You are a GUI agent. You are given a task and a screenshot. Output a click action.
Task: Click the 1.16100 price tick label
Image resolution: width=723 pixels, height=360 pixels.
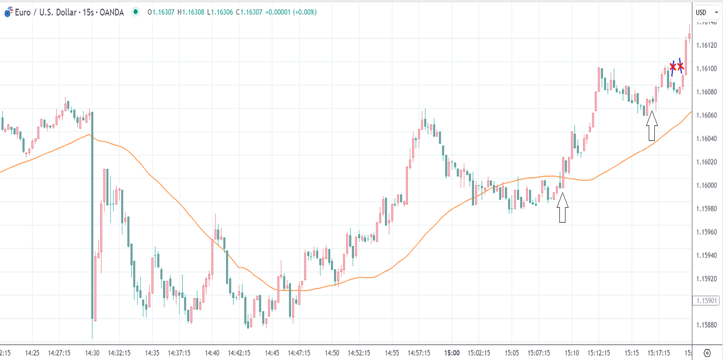(706, 69)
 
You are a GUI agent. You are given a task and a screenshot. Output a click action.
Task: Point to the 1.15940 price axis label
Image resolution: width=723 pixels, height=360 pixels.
(706, 256)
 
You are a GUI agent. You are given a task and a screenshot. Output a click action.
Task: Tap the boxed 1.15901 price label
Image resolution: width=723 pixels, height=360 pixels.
(706, 301)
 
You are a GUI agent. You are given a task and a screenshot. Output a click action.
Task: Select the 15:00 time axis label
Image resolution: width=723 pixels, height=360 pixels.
(452, 353)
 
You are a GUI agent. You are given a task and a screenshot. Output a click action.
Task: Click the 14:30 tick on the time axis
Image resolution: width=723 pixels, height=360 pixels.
(92, 353)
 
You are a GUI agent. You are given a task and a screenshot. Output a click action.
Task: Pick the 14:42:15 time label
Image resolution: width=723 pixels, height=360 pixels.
(239, 353)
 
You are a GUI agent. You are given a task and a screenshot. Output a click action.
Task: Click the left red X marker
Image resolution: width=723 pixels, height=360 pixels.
(673, 67)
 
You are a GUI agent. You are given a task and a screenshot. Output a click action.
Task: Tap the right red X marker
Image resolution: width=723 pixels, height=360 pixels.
(681, 66)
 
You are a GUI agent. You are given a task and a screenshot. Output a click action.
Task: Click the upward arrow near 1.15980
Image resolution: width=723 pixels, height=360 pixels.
(562, 208)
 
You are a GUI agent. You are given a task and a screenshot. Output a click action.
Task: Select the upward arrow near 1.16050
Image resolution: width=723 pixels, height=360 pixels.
(652, 126)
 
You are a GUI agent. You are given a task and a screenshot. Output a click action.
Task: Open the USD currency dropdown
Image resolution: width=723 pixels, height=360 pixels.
(707, 13)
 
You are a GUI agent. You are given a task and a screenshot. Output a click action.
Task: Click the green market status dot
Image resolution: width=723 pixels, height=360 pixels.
(136, 12)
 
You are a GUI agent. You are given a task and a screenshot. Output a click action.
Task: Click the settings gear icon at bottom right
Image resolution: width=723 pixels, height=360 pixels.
(707, 353)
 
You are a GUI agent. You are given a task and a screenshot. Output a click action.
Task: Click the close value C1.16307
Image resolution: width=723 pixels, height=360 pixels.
(249, 12)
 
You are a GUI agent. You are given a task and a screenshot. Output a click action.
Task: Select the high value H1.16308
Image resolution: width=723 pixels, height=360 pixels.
(191, 12)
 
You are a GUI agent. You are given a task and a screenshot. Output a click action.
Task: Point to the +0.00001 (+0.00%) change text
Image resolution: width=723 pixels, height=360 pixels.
(291, 12)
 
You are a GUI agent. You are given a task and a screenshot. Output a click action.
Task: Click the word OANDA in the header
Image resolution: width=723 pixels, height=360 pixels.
(112, 13)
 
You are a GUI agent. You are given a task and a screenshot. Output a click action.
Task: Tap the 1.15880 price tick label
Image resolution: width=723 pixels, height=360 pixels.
(706, 325)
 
